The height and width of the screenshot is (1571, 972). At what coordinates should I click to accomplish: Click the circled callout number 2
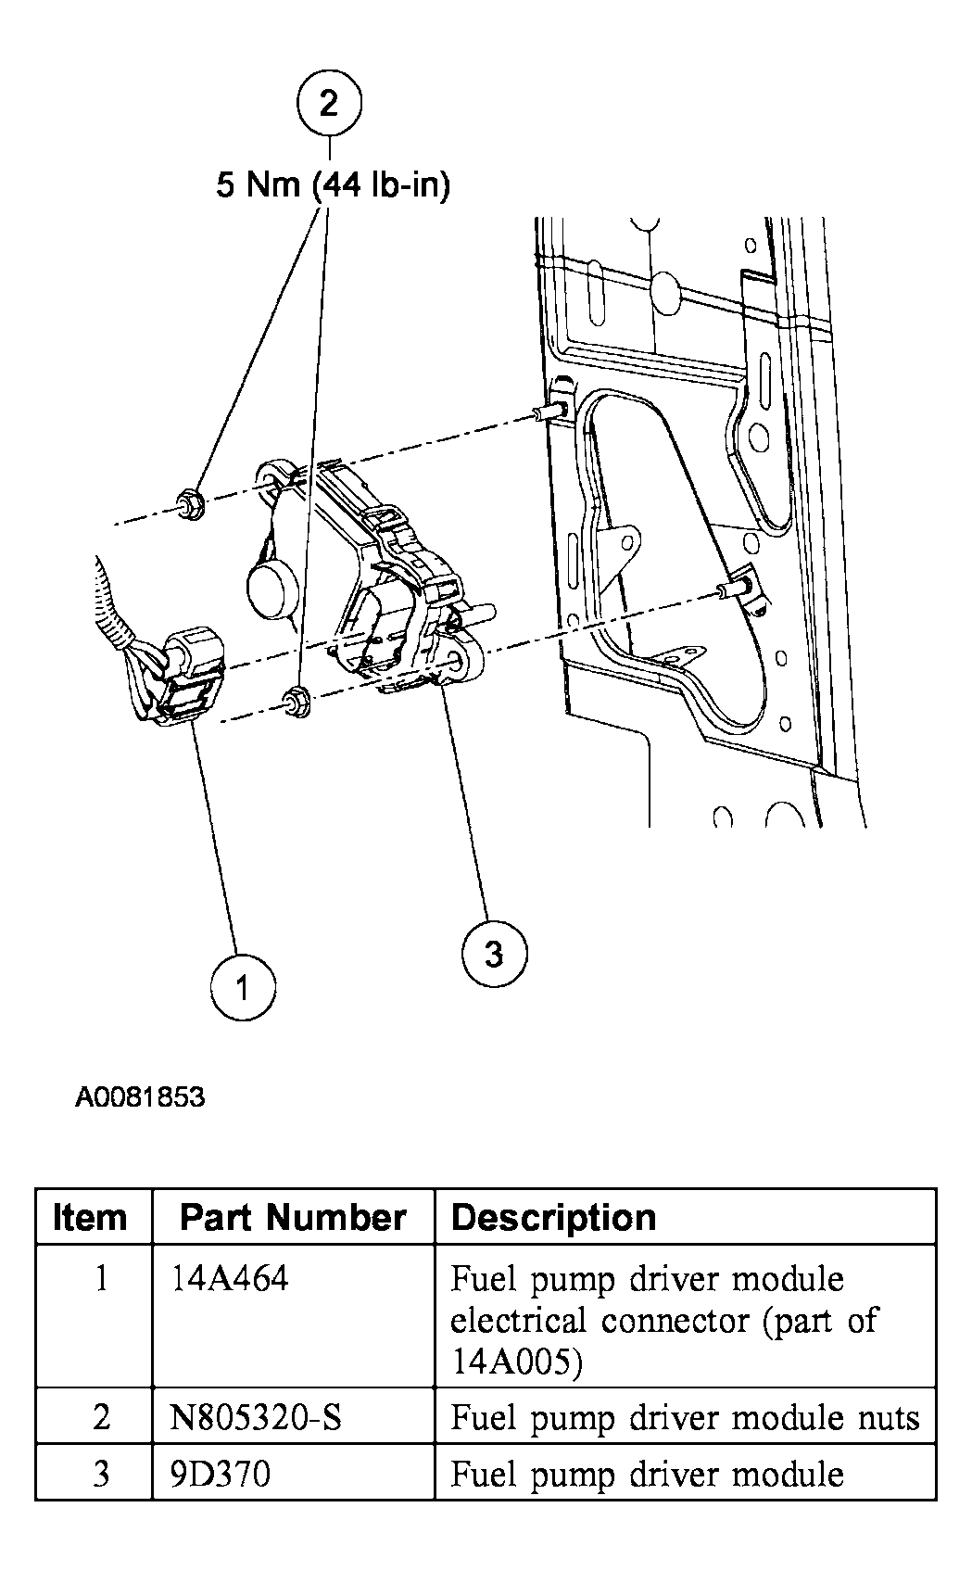point(329,103)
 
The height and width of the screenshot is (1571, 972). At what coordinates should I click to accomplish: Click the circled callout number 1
point(243,988)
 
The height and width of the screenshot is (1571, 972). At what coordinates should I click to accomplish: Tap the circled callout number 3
point(494,952)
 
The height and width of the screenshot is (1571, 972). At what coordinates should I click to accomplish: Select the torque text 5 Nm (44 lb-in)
point(333,185)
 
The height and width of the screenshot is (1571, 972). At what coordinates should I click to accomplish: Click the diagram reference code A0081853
point(140,1097)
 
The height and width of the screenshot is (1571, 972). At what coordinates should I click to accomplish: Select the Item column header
point(90,1217)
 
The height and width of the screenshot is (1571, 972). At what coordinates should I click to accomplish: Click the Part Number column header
point(293,1217)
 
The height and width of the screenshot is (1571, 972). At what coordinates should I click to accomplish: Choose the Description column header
point(553,1217)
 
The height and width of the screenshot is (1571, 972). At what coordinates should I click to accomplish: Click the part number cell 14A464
point(230,1279)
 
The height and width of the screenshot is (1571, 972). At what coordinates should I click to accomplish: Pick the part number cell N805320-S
point(257,1417)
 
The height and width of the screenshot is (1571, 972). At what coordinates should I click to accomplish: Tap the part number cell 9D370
point(221,1474)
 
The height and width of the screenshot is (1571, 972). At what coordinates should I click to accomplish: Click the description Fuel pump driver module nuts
point(685,1417)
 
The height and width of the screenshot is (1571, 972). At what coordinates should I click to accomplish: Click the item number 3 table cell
point(101,1474)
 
